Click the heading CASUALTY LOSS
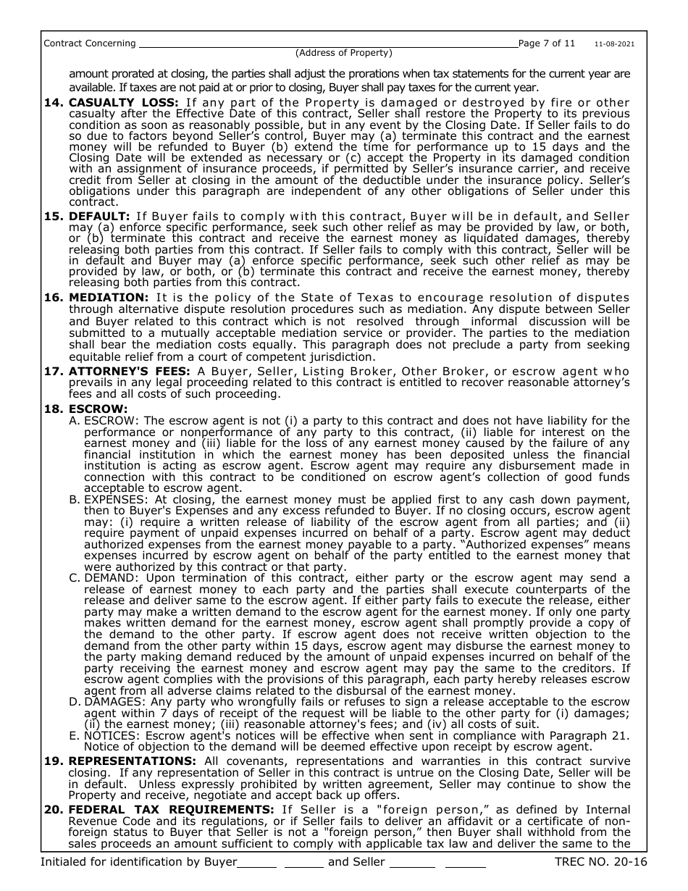124,103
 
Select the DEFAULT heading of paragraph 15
99,217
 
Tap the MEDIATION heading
108,298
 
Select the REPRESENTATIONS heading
133,761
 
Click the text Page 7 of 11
547,43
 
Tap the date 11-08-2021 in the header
615,44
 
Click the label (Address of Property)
343,53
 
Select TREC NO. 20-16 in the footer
600,862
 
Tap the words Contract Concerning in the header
90,43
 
